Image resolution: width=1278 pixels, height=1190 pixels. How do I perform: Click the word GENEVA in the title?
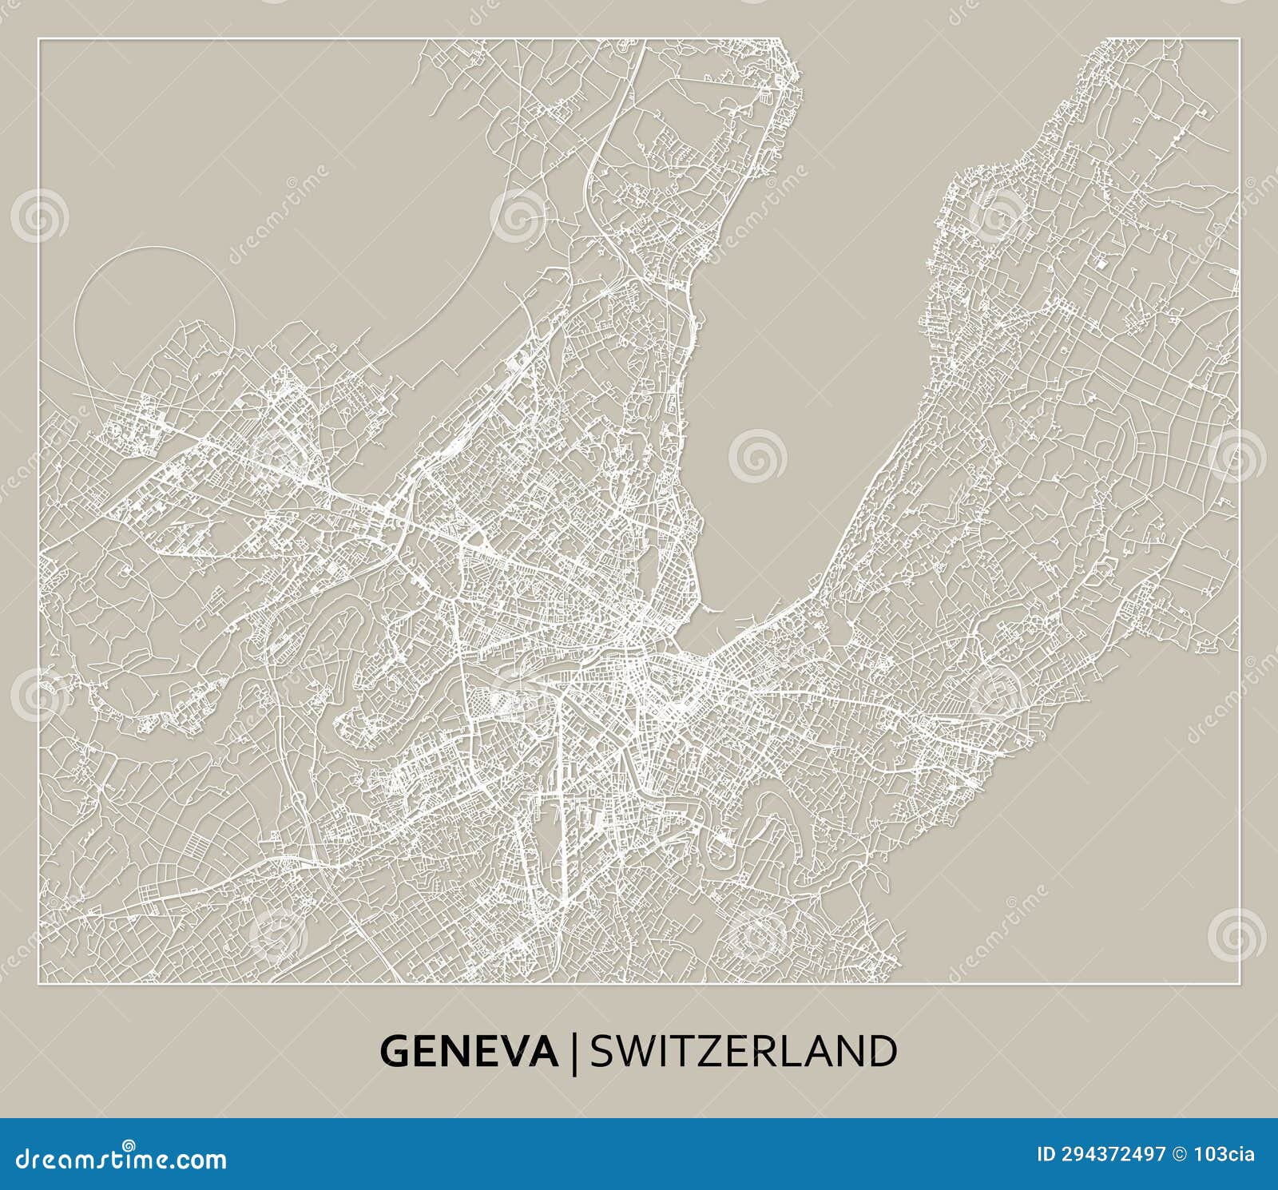[468, 1051]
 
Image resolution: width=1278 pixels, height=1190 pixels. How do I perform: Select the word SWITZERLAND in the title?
[743, 1051]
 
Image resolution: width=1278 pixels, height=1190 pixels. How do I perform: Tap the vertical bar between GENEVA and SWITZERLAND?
[574, 1053]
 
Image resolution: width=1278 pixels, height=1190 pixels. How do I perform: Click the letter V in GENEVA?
[517, 1051]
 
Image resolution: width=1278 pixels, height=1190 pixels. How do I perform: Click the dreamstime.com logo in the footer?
[120, 1158]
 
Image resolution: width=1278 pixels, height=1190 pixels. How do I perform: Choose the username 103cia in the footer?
[1231, 1154]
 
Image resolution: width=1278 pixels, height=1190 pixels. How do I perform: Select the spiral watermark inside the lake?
[757, 456]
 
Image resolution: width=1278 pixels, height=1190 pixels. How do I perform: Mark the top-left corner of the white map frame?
[39, 38]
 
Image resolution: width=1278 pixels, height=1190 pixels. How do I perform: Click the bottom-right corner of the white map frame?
[1239, 983]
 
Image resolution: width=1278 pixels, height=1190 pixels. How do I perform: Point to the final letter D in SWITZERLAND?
[883, 1051]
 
